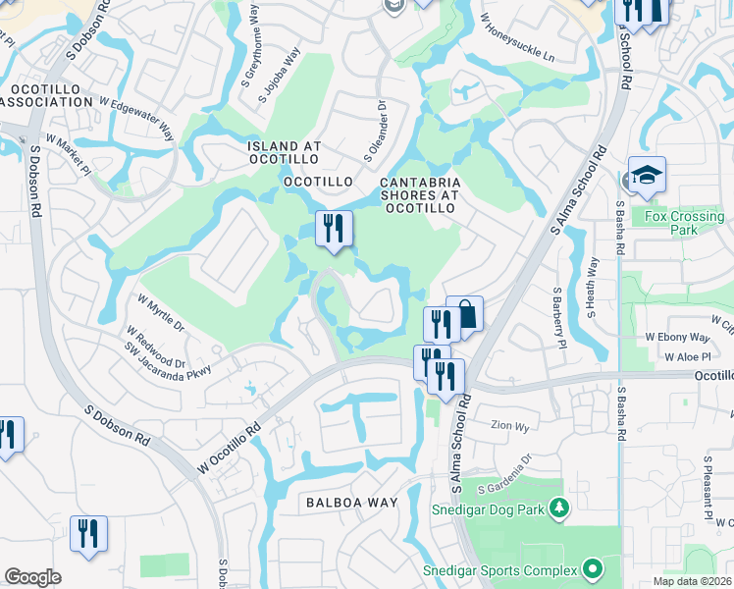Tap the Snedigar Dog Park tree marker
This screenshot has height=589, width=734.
[x=559, y=509]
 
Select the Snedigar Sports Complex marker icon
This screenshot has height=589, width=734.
[x=592, y=568]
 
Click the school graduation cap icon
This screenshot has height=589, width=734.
[x=647, y=176]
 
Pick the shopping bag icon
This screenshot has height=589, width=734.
[x=465, y=315]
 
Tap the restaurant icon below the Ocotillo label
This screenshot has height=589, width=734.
[x=334, y=230]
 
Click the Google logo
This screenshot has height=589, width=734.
[x=32, y=577]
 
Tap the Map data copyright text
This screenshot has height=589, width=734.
[x=693, y=581]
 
